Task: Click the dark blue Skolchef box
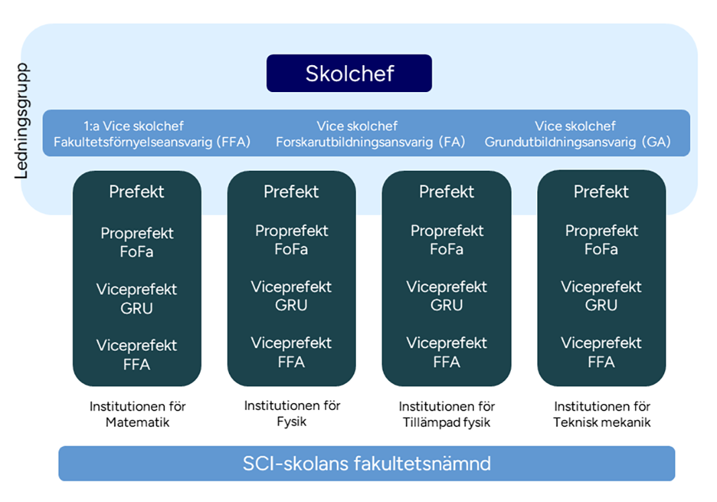coord(349,73)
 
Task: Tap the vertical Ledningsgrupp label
coord(23,121)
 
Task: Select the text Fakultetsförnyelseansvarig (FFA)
coord(152,142)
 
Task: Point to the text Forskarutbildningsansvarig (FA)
coord(371,142)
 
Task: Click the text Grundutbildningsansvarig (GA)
coord(577,142)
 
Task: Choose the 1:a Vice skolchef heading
coord(134,126)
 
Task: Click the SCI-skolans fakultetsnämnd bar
coord(367,464)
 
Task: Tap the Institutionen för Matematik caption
coord(138,415)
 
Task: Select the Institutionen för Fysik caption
coord(292,413)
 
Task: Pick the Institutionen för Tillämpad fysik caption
coord(446,415)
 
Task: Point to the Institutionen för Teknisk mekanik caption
coord(602,415)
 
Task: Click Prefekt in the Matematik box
coord(137,192)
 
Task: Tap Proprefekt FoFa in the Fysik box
coord(291,240)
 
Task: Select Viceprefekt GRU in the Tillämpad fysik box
coord(446,296)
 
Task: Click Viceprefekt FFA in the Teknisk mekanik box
coord(601,352)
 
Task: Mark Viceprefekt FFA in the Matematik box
coord(137,355)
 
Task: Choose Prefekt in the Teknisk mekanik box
coord(601,192)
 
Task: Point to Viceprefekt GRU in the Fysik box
coord(291,296)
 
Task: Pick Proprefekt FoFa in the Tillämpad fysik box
coord(446,240)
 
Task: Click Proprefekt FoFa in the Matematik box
coord(137,243)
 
